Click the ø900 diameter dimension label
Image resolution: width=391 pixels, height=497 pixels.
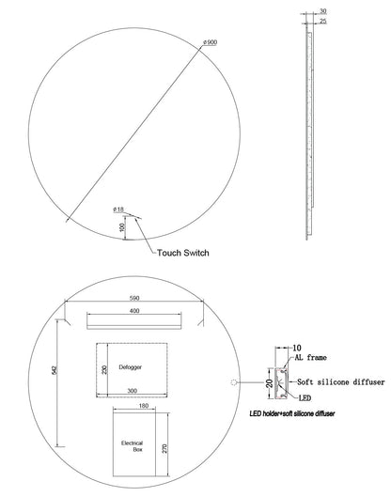tap(211, 42)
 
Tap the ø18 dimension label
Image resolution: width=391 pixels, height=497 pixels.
tap(118, 210)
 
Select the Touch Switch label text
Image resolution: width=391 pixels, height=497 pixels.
tap(183, 253)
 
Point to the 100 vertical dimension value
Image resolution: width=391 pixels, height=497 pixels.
tap(123, 227)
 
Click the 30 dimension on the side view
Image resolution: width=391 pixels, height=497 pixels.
tap(322, 11)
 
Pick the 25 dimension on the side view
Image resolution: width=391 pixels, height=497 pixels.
tap(322, 22)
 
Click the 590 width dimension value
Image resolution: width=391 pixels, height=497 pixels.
tap(134, 298)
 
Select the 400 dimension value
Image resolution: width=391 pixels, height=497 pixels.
tap(134, 311)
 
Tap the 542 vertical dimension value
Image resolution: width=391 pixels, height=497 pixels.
tap(54, 370)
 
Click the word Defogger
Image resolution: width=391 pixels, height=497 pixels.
tap(131, 367)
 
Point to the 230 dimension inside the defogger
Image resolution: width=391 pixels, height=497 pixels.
tap(104, 369)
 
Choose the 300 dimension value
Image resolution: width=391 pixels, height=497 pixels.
tap(132, 391)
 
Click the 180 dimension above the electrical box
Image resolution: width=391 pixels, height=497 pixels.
tap(144, 406)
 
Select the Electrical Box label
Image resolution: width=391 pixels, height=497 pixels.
tap(133, 446)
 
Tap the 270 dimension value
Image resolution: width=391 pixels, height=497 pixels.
tap(164, 448)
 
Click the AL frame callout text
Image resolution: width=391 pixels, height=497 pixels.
tap(311, 358)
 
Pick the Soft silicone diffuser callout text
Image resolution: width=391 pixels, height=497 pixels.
tap(341, 382)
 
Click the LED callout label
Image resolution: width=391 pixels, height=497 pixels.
tap(305, 397)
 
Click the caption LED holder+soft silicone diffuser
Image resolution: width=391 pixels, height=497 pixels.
tap(292, 413)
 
